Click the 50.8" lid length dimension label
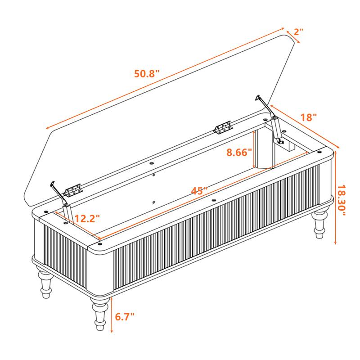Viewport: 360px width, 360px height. [x=147, y=73]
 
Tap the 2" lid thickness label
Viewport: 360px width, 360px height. [x=299, y=32]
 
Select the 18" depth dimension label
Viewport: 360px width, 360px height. [x=309, y=117]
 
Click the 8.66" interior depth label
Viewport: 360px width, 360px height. [x=239, y=152]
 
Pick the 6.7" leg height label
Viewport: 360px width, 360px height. [x=125, y=317]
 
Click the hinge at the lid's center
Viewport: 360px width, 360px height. [x=222, y=128]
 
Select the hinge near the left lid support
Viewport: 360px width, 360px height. [x=73, y=191]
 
